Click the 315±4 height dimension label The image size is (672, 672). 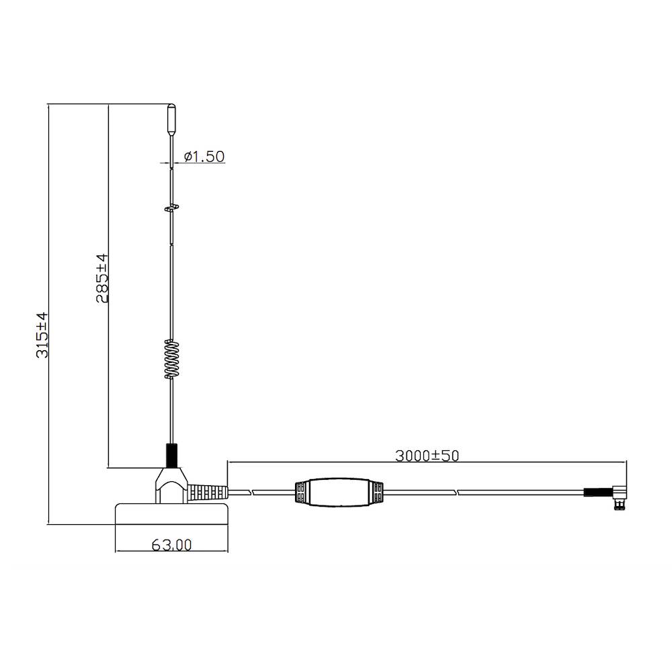point(42,334)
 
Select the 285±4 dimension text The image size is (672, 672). point(101,278)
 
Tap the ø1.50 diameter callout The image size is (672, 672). point(204,157)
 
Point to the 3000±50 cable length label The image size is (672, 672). point(427,455)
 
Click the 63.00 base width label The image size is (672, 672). point(171,545)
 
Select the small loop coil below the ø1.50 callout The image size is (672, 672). point(171,208)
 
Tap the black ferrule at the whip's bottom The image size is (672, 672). point(171,454)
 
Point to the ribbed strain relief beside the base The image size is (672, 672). point(208,492)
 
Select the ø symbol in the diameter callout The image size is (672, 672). point(188,157)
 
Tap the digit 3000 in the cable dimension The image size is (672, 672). point(411,455)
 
